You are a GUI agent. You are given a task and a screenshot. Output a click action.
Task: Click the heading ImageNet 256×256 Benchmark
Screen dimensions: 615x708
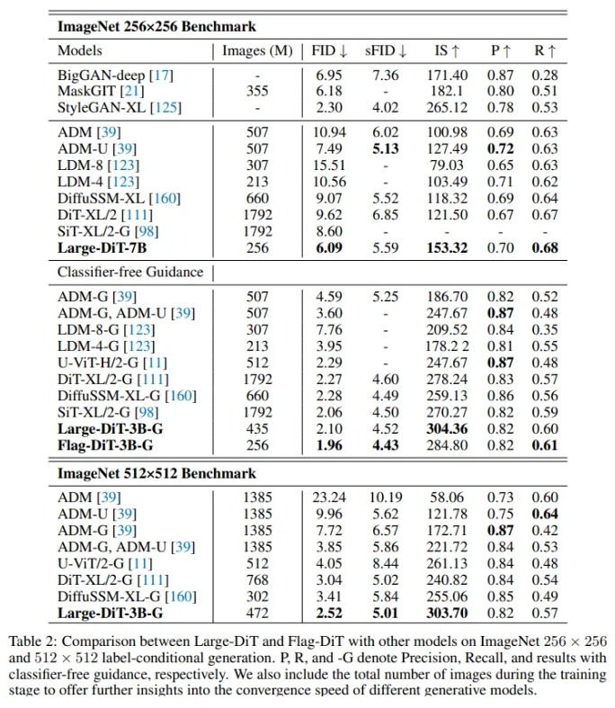[156, 27]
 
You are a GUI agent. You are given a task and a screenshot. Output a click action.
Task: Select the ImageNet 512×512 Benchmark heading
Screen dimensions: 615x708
[156, 473]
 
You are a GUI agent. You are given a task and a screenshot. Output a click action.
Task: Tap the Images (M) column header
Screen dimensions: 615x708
[257, 51]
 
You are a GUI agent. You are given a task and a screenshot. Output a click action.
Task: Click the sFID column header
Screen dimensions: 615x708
[386, 50]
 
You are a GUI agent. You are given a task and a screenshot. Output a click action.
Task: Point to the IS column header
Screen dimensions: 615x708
[447, 50]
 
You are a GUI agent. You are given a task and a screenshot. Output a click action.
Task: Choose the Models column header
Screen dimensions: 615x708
[80, 50]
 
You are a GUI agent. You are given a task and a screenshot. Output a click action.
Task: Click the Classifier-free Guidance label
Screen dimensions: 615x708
[130, 272]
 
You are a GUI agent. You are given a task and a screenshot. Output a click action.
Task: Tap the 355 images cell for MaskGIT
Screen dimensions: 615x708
[257, 91]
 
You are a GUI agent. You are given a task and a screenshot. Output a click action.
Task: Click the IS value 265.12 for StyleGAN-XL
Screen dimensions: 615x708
[447, 107]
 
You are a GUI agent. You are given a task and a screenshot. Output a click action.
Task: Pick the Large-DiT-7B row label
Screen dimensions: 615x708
[102, 248]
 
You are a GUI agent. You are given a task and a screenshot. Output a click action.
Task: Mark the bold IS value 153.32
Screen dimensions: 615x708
[447, 248]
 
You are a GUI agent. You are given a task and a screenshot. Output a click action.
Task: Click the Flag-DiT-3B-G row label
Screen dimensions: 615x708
[105, 445]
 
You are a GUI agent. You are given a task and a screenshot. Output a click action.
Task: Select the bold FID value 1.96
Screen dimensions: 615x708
[329, 445]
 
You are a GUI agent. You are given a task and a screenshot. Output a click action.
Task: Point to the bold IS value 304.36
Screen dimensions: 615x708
[447, 428]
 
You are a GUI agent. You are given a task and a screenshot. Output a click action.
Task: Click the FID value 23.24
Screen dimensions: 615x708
[329, 497]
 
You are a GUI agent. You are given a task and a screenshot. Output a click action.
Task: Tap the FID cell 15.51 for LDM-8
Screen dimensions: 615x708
[329, 166]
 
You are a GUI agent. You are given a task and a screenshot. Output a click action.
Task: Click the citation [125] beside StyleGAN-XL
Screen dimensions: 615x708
[165, 108]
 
